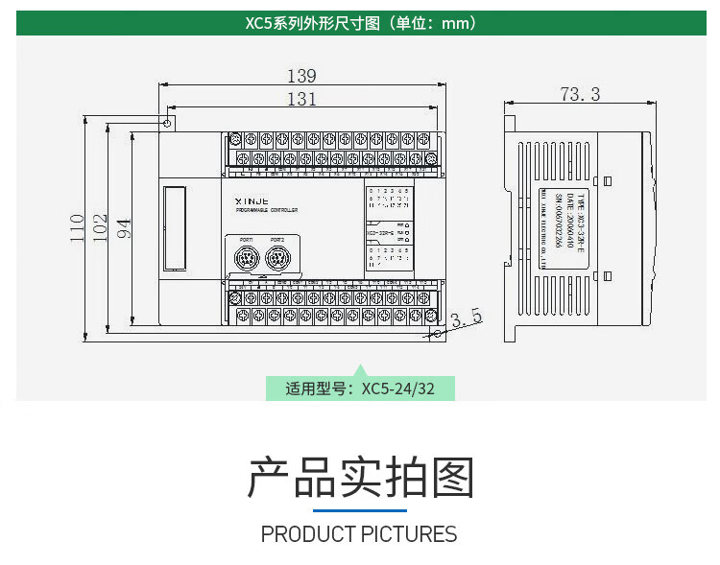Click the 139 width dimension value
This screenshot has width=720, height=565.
point(301,76)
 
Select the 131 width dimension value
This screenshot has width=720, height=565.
point(301,99)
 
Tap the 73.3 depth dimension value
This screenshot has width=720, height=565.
point(580,94)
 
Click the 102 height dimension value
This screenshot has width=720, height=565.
point(100,227)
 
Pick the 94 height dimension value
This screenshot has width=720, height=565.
point(123,227)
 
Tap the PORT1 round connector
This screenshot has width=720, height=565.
point(242,259)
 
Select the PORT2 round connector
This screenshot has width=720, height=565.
point(277,259)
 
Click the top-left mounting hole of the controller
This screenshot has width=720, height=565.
point(168,124)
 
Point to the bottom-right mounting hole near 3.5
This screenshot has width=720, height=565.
point(439,333)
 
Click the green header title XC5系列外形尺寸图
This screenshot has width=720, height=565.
point(360,23)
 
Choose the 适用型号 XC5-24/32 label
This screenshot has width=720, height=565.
point(360,388)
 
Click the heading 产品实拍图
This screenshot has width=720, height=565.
point(360,478)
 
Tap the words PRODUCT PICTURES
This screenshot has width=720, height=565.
point(359,534)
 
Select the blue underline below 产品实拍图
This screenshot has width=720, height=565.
point(360,510)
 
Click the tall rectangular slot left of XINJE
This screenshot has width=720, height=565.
point(173,227)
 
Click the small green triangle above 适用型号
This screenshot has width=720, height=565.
point(360,369)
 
